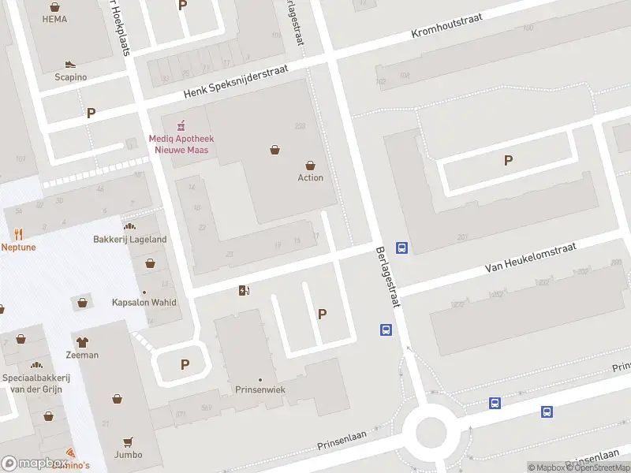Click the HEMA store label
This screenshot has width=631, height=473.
[54, 19]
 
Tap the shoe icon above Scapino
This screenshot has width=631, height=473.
[70, 65]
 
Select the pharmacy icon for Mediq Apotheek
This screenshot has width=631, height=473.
[181, 125]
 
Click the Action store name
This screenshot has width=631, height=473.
[310, 177]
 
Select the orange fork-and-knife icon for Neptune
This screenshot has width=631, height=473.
[18, 234]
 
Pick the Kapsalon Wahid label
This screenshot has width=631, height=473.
[144, 303]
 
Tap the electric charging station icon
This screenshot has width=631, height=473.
[244, 291]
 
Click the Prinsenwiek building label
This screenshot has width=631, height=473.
[260, 389]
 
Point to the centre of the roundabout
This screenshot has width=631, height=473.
[431, 433]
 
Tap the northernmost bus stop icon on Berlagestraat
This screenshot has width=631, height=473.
[401, 248]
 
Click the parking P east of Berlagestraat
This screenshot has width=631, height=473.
[508, 160]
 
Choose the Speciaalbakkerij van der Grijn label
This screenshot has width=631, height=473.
[36, 383]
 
